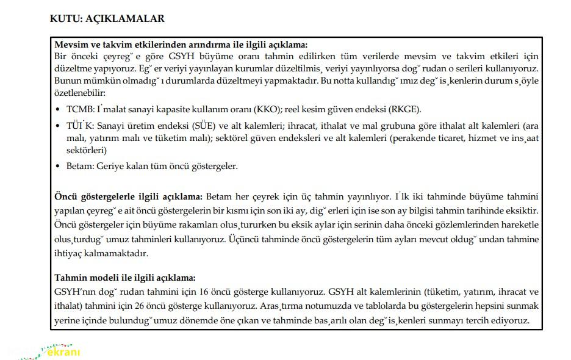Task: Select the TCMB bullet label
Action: (x=79, y=109)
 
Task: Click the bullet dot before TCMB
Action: (x=59, y=110)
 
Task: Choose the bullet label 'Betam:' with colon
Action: (x=80, y=165)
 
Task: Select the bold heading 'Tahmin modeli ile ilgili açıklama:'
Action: (x=125, y=277)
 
